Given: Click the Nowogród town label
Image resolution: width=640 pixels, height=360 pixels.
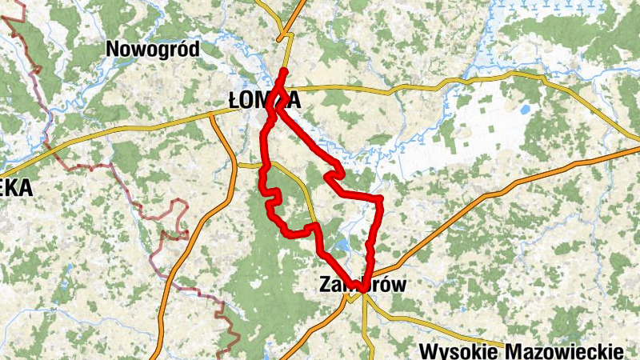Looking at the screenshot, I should pyautogui.click(x=152, y=50).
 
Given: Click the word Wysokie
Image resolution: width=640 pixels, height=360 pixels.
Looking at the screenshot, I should pyautogui.click(x=462, y=352).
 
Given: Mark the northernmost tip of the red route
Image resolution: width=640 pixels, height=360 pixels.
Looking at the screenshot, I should pyautogui.click(x=284, y=72).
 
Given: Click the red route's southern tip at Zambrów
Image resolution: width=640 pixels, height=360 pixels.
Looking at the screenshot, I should pyautogui.click(x=362, y=288).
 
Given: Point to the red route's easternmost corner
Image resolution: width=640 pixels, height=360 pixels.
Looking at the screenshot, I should pyautogui.click(x=379, y=198).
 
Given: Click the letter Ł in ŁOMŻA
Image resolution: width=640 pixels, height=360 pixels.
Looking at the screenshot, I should pyautogui.click(x=233, y=101).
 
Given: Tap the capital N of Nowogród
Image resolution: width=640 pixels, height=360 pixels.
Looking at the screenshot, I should pyautogui.click(x=114, y=50).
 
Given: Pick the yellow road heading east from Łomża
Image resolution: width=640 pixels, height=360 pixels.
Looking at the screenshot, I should pyautogui.click(x=384, y=90).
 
